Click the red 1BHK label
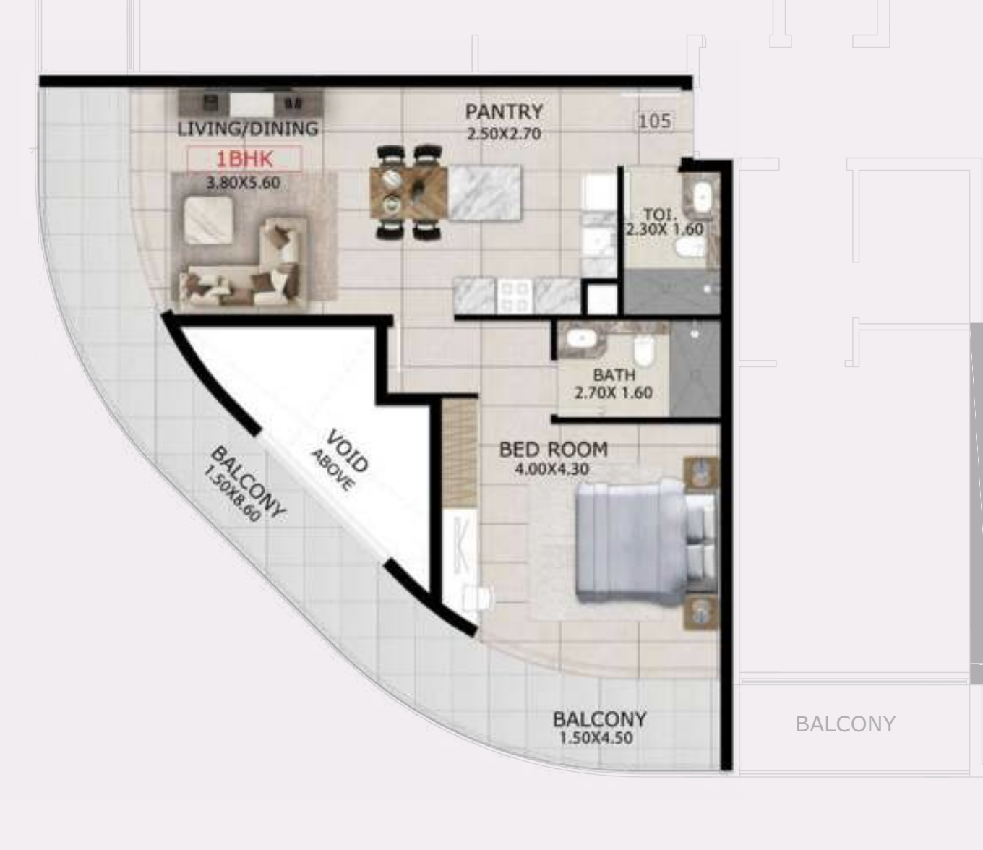click(x=244, y=158)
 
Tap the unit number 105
click(x=654, y=121)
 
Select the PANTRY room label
click(x=504, y=112)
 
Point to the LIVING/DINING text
click(x=248, y=129)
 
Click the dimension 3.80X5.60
click(x=244, y=183)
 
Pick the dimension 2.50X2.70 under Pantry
click(x=504, y=134)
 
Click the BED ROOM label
click(x=554, y=450)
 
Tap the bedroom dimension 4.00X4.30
click(x=552, y=470)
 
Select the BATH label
click(x=614, y=375)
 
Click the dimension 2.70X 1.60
click(x=614, y=393)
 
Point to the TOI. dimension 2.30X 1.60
click(x=664, y=230)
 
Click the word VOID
click(x=348, y=452)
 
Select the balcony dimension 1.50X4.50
click(x=596, y=738)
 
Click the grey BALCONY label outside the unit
click(x=845, y=724)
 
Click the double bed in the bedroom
click(x=645, y=544)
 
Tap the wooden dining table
click(x=408, y=193)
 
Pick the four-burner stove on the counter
click(x=516, y=296)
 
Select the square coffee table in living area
click(x=208, y=220)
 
